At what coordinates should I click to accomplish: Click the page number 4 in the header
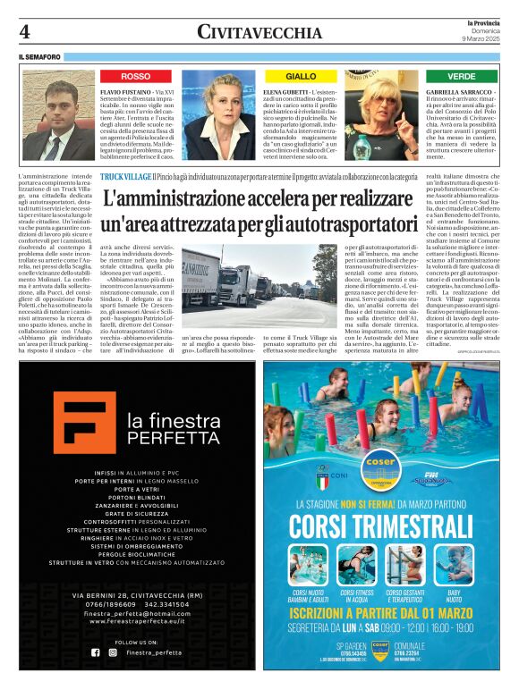coord(24,31)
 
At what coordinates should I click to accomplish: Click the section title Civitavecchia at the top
coord(259,32)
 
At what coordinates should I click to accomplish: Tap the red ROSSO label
coord(136,77)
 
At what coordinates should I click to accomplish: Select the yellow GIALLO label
coord(301,77)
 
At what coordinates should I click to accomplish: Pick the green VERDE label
coord(462,77)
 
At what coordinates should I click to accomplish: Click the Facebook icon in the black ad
coord(96,652)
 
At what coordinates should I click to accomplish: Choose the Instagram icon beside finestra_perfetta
coord(112,652)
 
